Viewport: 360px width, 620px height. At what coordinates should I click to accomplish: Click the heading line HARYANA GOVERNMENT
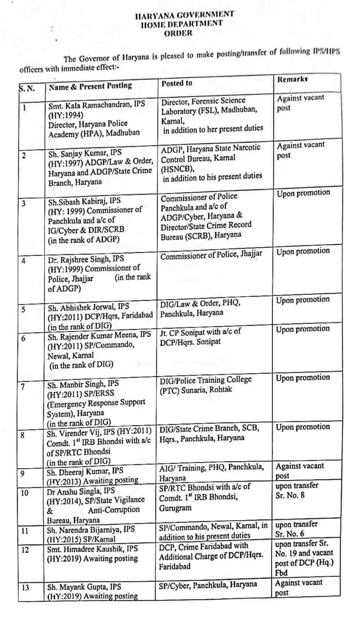(184, 15)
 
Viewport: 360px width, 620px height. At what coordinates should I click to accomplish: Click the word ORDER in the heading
(178, 33)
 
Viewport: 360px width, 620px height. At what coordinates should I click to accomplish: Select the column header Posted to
(177, 83)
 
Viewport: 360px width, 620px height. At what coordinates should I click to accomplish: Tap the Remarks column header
(292, 79)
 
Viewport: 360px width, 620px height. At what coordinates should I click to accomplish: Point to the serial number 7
(23, 387)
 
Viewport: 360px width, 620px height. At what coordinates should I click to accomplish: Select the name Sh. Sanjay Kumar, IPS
(85, 153)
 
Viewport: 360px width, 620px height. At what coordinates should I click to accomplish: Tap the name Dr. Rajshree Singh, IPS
(86, 259)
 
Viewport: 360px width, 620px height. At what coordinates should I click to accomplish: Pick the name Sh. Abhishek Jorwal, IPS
(88, 307)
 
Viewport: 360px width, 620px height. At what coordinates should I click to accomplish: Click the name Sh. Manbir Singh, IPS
(83, 385)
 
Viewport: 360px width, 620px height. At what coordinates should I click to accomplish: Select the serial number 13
(25, 588)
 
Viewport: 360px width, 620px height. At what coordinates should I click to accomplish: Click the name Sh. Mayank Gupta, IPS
(84, 587)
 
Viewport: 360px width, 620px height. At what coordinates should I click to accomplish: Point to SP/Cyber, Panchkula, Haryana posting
(208, 585)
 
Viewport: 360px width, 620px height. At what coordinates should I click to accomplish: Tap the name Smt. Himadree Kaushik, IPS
(92, 549)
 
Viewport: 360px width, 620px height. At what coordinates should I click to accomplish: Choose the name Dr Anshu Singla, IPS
(81, 491)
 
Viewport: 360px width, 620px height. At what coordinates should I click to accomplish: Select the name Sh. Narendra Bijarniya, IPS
(91, 529)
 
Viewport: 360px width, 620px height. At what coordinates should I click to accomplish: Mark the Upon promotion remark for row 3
(303, 193)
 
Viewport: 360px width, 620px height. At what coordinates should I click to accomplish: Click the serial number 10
(25, 493)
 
